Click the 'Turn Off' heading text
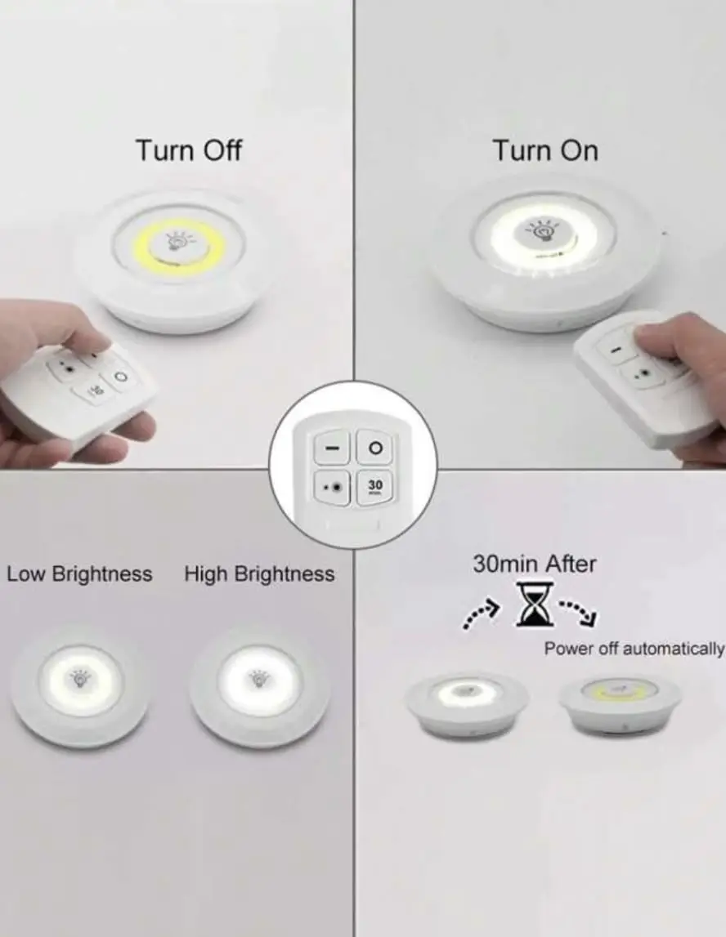click(189, 149)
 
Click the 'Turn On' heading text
click(545, 149)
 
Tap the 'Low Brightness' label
click(79, 573)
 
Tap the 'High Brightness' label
click(259, 573)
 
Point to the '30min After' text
click(535, 564)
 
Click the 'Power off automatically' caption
click(634, 649)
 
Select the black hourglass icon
click(534, 605)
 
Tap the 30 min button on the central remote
click(375, 487)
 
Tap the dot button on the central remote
click(332, 487)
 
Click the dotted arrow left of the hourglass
click(481, 614)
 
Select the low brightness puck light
click(79, 685)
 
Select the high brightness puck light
click(259, 685)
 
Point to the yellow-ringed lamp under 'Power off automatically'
click(621, 704)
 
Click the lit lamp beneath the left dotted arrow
click(468, 704)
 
